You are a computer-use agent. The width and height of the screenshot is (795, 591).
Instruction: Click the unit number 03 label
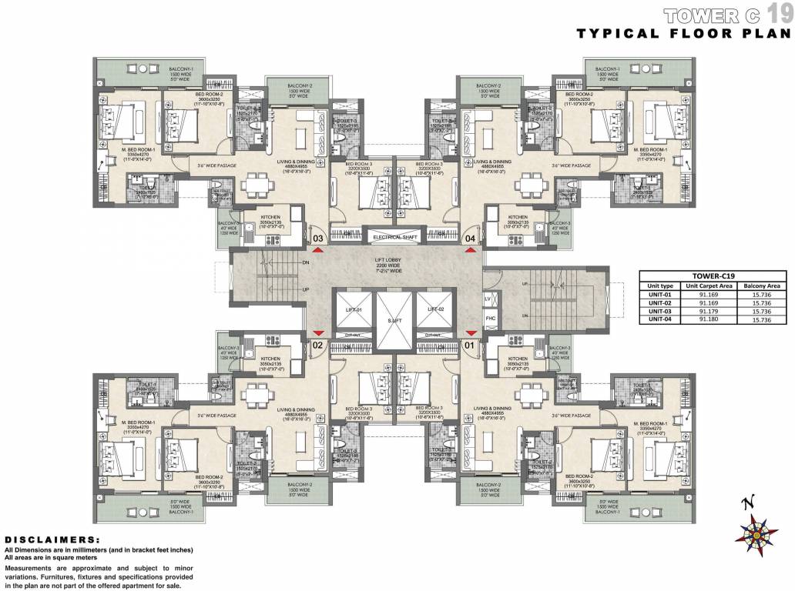click(317, 239)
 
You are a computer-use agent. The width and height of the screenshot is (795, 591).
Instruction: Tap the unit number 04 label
click(470, 239)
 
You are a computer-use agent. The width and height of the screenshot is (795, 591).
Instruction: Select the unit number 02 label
click(317, 346)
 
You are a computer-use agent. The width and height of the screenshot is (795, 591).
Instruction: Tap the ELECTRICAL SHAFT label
click(394, 237)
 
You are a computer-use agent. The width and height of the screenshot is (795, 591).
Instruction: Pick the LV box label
click(488, 297)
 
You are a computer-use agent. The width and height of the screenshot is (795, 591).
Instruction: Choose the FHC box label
click(488, 317)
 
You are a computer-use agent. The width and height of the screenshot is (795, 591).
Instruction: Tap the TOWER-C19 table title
click(713, 275)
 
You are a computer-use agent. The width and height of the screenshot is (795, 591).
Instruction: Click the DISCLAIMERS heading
click(52, 540)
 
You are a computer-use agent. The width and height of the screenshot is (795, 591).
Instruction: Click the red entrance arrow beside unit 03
click(317, 251)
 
